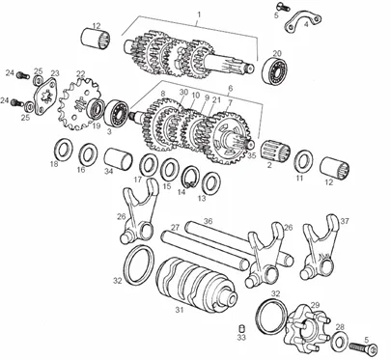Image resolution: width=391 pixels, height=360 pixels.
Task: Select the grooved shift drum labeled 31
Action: (x=197, y=284)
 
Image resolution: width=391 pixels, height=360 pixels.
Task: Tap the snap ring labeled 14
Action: (x=190, y=178)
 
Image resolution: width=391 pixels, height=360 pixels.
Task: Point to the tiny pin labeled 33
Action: (x=241, y=329)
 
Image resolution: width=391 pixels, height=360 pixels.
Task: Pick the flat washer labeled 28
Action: (x=338, y=341)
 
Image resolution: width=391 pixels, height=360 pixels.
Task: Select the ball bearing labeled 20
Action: (x=275, y=71)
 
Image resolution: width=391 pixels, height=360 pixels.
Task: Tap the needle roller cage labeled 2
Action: (x=275, y=151)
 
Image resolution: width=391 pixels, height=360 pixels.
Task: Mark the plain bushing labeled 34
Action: (x=118, y=158)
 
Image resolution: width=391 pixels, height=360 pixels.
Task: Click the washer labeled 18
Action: (x=63, y=150)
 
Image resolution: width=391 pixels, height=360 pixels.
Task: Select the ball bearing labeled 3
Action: (x=117, y=112)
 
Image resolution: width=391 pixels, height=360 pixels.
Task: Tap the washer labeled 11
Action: (x=304, y=162)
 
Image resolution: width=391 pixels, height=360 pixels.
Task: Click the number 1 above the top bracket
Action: (x=199, y=14)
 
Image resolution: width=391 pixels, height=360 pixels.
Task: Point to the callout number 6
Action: (x=230, y=88)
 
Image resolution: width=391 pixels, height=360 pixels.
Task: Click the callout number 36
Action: (x=209, y=221)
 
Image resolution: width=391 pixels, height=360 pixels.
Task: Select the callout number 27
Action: (x=175, y=228)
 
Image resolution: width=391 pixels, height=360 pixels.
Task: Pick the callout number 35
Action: (x=252, y=155)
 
